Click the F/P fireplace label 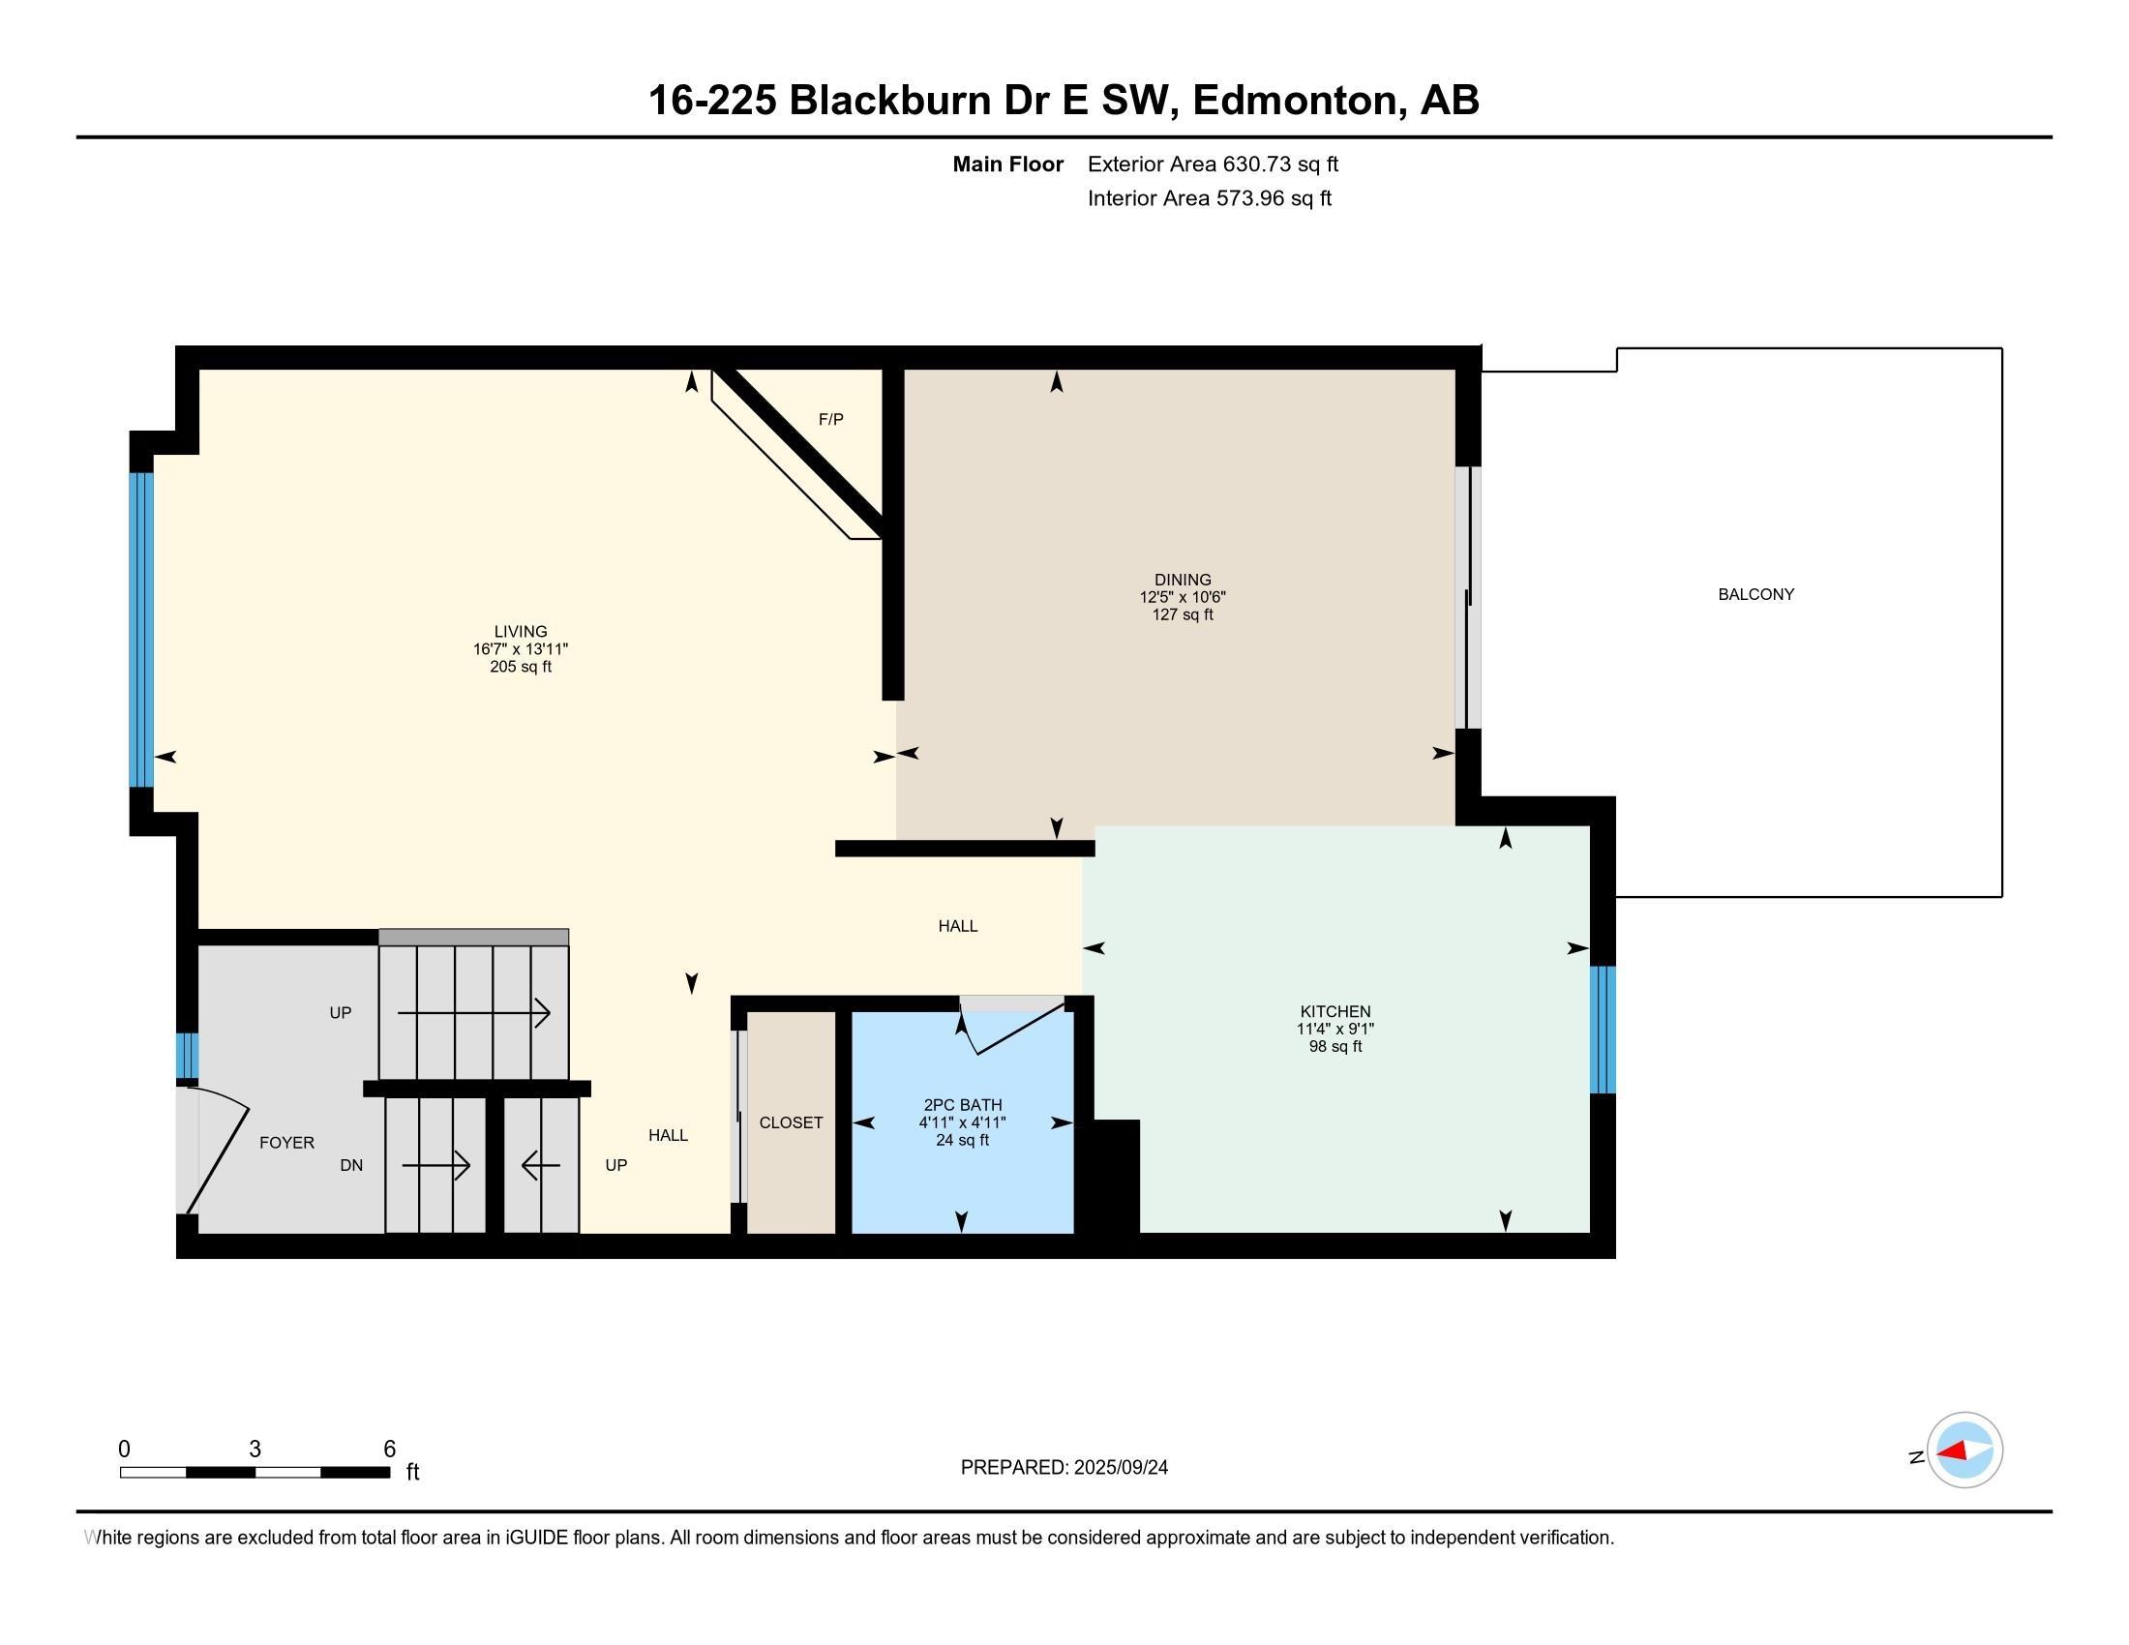(830, 419)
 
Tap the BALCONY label (1755, 594)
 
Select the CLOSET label (791, 1122)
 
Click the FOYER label (286, 1142)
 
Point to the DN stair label (351, 1166)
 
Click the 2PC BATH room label (962, 1105)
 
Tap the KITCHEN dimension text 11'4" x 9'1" (1334, 1030)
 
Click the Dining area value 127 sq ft (1183, 614)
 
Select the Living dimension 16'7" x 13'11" (521, 649)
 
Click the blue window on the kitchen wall (1603, 1030)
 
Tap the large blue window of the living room (142, 630)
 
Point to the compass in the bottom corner (1964, 1451)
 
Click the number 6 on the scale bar (389, 1450)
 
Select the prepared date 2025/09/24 (1120, 1468)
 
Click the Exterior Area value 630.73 (1258, 164)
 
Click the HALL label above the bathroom (957, 926)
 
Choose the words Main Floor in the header (1007, 164)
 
